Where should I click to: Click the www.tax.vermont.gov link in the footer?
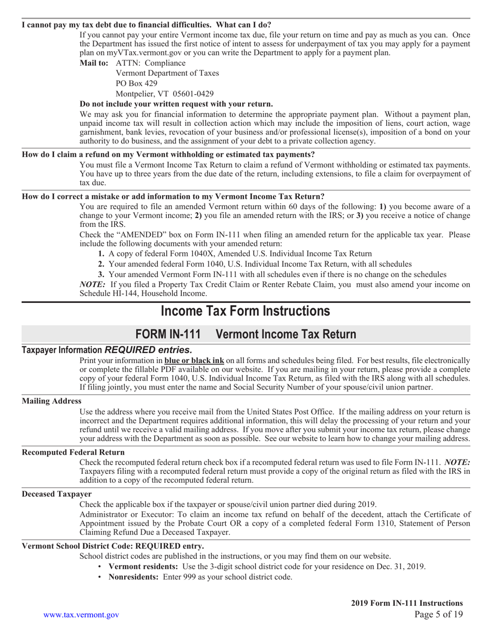pyautogui.click(x=81, y=615)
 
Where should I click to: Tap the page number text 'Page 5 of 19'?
pyautogui.click(x=439, y=615)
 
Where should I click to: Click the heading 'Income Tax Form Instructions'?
pyautogui.click(x=245, y=311)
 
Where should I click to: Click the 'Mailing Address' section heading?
pyautogui.click(x=51, y=401)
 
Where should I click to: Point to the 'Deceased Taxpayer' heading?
pyautogui.click(x=56, y=494)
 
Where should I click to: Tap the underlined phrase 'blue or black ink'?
pyautogui.click(x=194, y=360)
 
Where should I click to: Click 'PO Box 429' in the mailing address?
pyautogui.click(x=136, y=83)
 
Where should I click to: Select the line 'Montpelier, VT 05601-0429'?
pyautogui.click(x=164, y=94)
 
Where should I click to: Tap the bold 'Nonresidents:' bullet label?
pyautogui.click(x=133, y=577)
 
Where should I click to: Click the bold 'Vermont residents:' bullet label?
pyautogui.click(x=142, y=567)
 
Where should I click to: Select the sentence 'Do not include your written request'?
pyautogui.click(x=176, y=104)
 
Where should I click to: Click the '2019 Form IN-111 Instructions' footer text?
pyautogui.click(x=407, y=603)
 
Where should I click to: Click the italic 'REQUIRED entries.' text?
pyautogui.click(x=148, y=350)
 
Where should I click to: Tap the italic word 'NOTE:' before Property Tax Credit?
pyautogui.click(x=93, y=284)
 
